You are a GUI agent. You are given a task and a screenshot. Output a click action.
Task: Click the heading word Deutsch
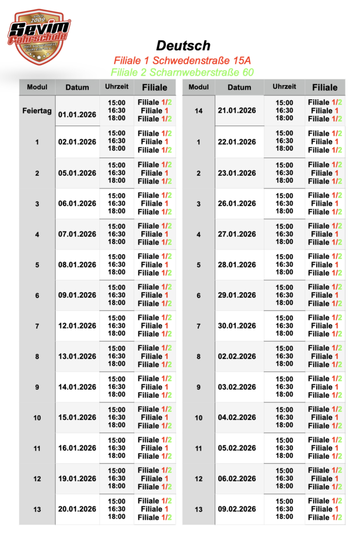(x=183, y=46)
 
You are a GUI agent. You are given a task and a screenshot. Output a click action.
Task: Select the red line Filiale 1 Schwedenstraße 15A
(x=182, y=61)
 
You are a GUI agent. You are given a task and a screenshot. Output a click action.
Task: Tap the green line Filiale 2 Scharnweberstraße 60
(x=182, y=72)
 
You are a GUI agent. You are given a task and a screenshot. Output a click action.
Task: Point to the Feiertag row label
(x=37, y=111)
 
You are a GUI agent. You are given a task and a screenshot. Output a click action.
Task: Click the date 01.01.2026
(x=77, y=114)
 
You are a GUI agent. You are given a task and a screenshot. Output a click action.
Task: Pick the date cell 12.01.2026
(x=77, y=326)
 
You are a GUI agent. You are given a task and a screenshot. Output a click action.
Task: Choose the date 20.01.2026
(x=77, y=509)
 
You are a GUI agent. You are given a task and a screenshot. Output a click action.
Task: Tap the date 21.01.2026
(x=237, y=111)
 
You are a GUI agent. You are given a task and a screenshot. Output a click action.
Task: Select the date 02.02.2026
(x=237, y=356)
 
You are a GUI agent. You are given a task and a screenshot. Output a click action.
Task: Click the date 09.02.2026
(x=237, y=509)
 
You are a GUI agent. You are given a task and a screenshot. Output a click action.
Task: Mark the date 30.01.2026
(x=237, y=326)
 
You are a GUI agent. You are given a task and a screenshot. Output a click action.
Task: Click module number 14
(x=199, y=111)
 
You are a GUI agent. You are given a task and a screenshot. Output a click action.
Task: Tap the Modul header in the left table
(x=37, y=87)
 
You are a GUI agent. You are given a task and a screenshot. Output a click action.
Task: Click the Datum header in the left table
(x=77, y=88)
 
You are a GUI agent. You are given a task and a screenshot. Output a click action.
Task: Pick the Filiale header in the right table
(x=325, y=87)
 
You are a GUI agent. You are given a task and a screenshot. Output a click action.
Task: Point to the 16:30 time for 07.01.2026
(x=117, y=234)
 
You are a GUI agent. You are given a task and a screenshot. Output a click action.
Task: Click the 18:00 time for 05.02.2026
(x=284, y=456)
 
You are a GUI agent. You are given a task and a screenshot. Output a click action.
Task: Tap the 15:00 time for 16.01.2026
(x=117, y=440)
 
